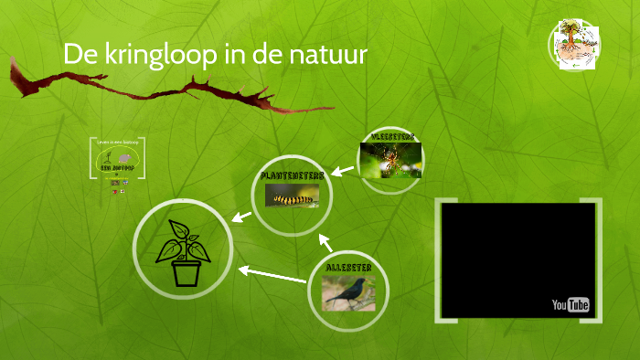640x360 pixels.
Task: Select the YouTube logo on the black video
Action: point(571,304)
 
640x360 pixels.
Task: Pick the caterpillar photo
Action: point(293,195)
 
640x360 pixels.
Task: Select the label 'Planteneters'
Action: point(292,175)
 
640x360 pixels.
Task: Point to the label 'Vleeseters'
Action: point(390,136)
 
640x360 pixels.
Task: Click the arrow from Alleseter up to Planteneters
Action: point(325,242)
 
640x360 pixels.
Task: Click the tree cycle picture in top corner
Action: point(573,45)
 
